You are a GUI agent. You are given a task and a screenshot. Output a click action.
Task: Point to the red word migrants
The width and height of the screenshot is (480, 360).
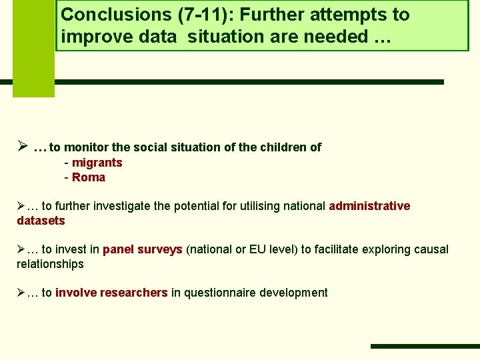click(x=97, y=163)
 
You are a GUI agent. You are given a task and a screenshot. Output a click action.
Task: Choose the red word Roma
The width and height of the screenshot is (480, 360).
click(x=89, y=177)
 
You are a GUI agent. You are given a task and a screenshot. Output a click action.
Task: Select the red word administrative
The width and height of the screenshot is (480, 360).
click(x=369, y=206)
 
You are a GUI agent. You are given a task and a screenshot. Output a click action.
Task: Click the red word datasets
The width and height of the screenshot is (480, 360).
click(x=41, y=220)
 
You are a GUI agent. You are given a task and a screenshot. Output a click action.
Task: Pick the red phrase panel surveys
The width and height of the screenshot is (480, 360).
click(x=143, y=249)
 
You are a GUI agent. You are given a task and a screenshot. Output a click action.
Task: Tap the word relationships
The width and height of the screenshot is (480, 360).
click(x=50, y=264)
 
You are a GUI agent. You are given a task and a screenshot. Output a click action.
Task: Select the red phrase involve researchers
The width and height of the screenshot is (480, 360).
click(x=111, y=293)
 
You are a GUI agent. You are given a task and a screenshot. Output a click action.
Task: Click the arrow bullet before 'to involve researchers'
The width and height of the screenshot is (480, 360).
click(x=21, y=293)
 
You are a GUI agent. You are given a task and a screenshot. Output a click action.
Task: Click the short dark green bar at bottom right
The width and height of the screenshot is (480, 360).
click(x=425, y=346)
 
